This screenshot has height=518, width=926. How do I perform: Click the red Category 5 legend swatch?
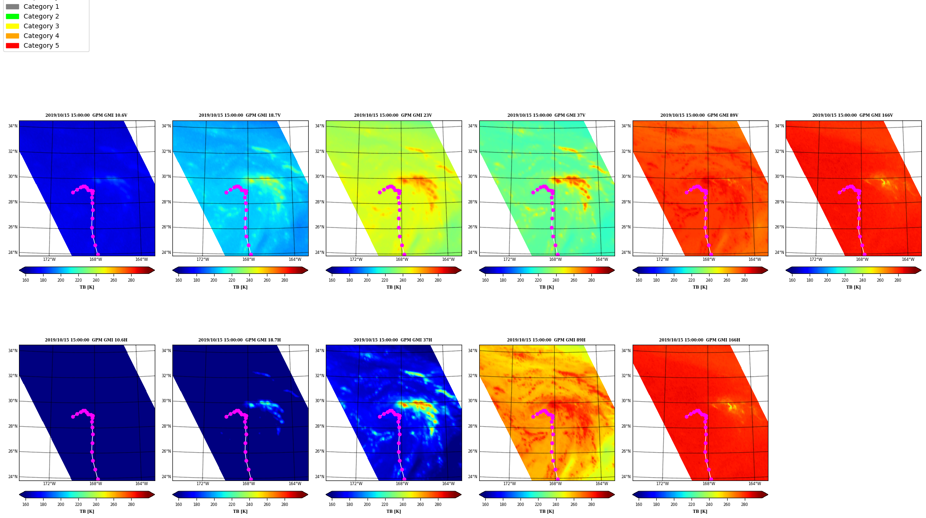coord(13,45)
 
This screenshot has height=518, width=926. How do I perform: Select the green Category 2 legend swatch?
coord(13,16)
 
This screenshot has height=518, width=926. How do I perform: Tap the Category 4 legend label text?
coord(41,36)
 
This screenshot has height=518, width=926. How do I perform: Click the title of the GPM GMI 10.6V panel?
coord(86,115)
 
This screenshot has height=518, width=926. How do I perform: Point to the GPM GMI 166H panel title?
coord(699,340)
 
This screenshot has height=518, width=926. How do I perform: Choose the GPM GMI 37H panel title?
coord(393,340)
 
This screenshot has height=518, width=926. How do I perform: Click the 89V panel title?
coord(699,115)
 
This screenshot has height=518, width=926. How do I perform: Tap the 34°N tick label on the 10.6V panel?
coord(13,126)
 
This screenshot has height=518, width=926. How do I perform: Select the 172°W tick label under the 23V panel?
coord(356,259)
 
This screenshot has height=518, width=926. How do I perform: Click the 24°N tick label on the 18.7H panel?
coord(166,477)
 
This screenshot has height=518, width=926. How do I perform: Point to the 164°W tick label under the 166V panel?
coord(908,259)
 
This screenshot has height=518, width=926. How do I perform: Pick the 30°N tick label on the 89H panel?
coord(472,401)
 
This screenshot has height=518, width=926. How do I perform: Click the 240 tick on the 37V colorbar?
coord(556,280)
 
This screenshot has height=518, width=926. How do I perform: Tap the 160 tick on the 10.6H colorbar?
coord(25,505)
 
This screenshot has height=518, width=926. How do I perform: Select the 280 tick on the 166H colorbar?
coord(744,505)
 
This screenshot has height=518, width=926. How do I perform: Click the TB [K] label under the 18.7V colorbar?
coord(240,287)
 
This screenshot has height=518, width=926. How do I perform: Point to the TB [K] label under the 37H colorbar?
coord(393,512)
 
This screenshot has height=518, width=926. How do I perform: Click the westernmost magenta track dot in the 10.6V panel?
coord(73,192)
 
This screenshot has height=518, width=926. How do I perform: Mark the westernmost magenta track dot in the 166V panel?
coord(839,192)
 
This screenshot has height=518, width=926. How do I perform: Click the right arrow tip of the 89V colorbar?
coord(768,270)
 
